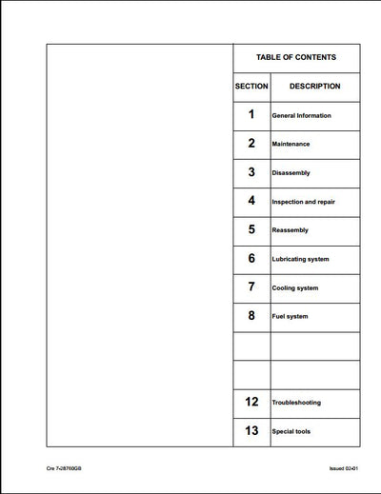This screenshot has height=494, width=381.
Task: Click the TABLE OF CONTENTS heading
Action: pos(295,57)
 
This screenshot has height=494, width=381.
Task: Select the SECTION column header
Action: pos(251,87)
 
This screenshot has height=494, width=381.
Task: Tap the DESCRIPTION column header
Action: pos(314,87)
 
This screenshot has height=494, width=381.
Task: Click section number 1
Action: pos(251,114)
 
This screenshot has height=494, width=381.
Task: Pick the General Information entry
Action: pos(301,116)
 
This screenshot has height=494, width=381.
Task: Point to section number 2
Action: pos(251,143)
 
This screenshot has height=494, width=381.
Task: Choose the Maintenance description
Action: pos(291,145)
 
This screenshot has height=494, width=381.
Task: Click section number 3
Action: pos(251,172)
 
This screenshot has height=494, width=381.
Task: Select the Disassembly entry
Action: pos(291,173)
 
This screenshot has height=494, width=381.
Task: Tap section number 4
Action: pos(251,201)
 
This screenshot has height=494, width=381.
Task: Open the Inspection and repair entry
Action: pos(303,202)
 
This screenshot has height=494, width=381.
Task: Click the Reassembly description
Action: pos(291,230)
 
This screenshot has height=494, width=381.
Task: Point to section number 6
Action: pos(251,258)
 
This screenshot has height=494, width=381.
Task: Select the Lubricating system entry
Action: pos(301,259)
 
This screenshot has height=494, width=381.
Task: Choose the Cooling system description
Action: pos(294,287)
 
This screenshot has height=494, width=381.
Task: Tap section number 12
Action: pos(251,402)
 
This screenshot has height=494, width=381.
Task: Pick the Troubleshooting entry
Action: pos(295,403)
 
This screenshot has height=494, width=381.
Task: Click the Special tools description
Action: pos(291,431)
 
